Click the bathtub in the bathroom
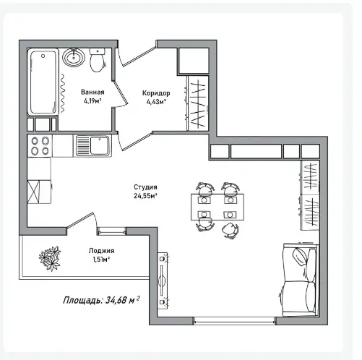click(43, 82)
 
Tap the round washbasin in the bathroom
click(74, 58)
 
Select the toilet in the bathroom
click(98, 60)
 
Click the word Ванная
click(92, 92)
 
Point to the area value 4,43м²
click(156, 102)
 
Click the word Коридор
click(156, 93)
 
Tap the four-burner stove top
click(40, 146)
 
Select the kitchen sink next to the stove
click(93, 145)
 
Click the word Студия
click(145, 187)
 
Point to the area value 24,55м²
click(145, 196)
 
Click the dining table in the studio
click(217, 207)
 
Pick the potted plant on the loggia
click(50, 258)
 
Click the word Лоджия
click(101, 251)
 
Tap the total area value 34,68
click(116, 301)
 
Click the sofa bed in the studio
click(301, 280)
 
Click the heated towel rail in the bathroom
click(62, 93)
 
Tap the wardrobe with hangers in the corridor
click(198, 103)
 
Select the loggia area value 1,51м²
click(101, 260)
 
